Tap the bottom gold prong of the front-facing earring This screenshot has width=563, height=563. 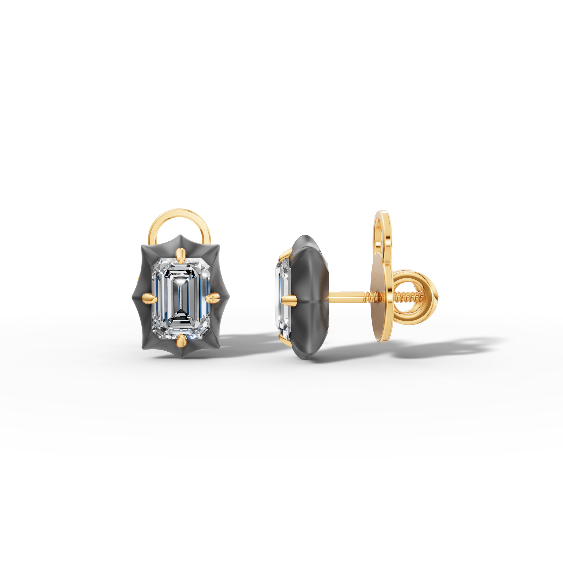pyautogui.click(x=181, y=340)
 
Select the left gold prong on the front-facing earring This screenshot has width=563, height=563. pyautogui.click(x=150, y=298)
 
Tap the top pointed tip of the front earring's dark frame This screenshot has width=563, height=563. pyautogui.click(x=181, y=236)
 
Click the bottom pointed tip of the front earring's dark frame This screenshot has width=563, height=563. pyautogui.click(x=181, y=358)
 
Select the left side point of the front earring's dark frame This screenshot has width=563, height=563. pyautogui.click(x=133, y=297)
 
